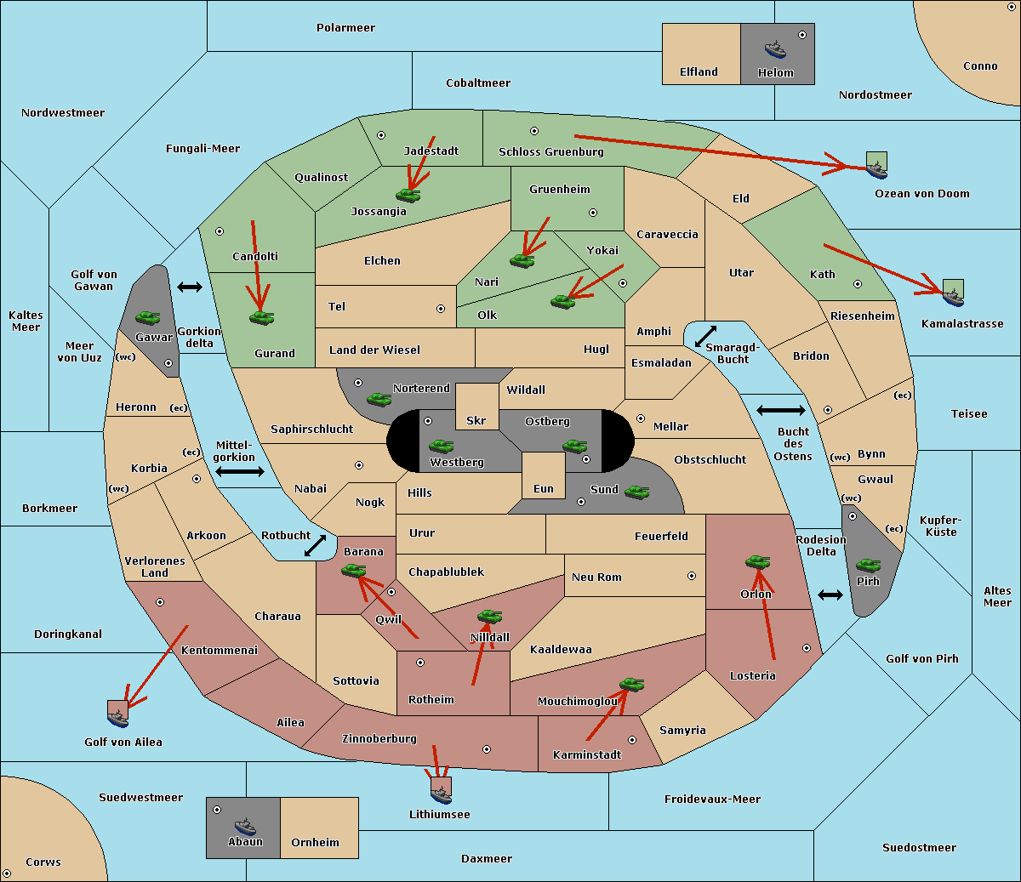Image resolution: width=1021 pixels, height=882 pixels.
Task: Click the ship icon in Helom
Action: coord(775,48)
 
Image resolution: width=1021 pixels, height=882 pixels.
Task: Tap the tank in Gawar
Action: coord(148,317)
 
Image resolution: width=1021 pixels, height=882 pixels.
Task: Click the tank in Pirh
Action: coord(868,565)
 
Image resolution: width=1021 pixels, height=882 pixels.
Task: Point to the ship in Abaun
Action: coord(245,826)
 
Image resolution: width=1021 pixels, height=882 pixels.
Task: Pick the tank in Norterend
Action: coord(379,399)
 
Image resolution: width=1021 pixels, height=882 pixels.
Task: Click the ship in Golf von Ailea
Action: coord(118,718)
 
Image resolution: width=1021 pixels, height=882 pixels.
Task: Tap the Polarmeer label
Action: coord(345,28)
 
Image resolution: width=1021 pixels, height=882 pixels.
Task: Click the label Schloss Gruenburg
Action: coord(550,151)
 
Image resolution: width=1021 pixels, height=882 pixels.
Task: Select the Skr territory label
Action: coord(476,420)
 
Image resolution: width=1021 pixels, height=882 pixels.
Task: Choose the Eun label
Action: coord(544,488)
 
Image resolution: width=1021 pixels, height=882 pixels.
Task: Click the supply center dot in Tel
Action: coord(441,309)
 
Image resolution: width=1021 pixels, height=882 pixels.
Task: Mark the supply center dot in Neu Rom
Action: coord(692,576)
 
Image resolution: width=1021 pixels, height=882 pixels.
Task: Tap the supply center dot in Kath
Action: coord(858,284)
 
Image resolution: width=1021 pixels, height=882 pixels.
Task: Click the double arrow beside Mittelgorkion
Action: coord(240,471)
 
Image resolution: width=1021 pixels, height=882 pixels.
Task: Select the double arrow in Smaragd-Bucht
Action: coord(705,336)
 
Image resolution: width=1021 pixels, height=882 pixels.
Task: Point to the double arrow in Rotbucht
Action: coord(315,545)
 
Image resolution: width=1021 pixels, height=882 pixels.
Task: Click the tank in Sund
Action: coord(636,492)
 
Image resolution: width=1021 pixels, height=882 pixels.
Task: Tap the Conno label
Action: coord(980,66)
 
